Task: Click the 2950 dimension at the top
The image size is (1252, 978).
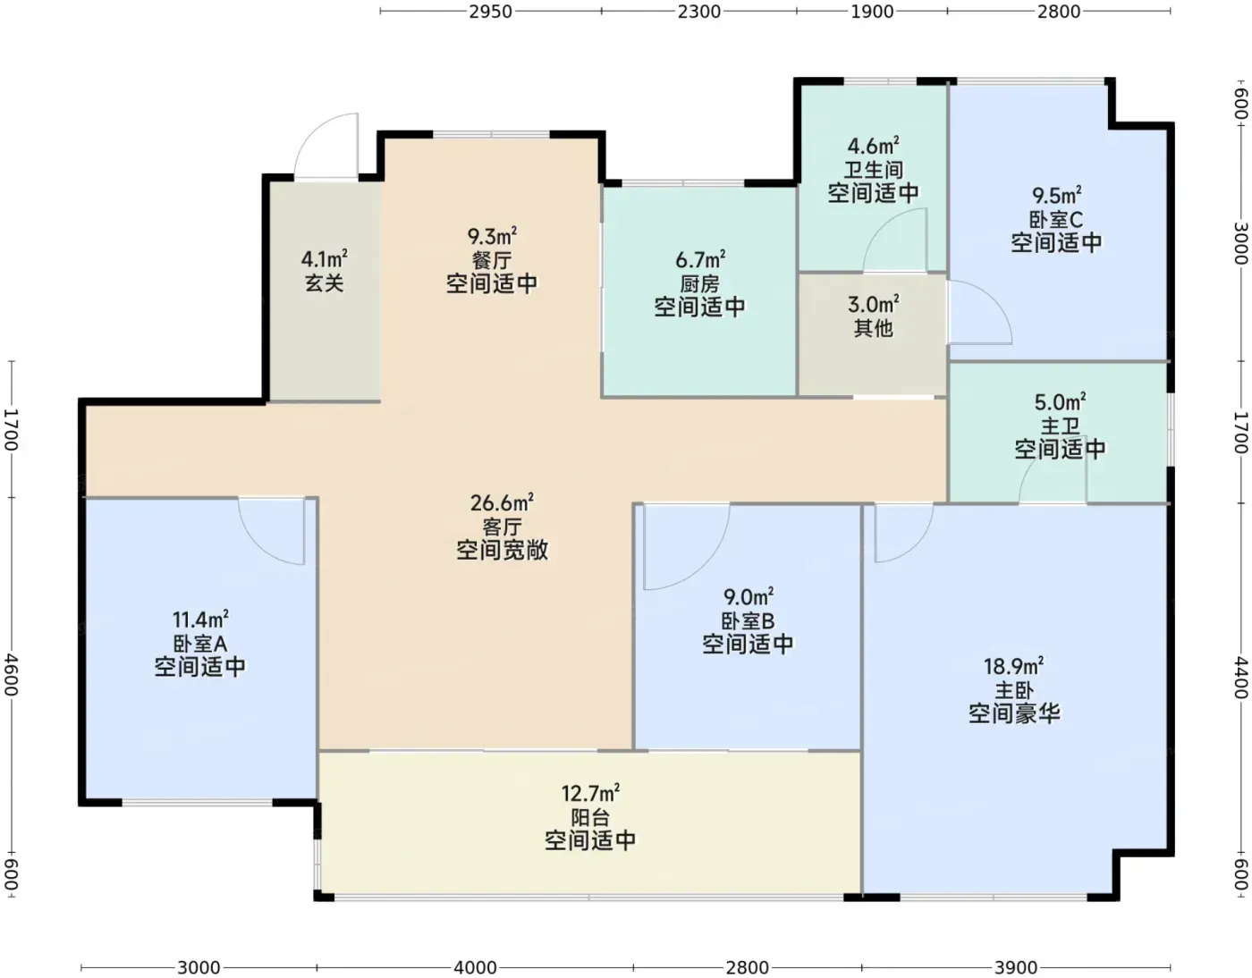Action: (490, 12)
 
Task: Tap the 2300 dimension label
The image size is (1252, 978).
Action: (699, 12)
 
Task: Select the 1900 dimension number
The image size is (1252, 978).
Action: (872, 12)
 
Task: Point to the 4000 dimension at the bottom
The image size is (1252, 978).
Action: (476, 967)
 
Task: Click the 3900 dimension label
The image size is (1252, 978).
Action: (1016, 967)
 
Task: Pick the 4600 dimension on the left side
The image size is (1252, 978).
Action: (12, 674)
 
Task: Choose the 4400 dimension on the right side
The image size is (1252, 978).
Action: (1240, 678)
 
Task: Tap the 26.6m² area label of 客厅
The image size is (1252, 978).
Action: (502, 502)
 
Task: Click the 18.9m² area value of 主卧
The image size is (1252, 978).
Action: (1013, 666)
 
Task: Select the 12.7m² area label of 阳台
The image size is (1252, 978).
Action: (590, 793)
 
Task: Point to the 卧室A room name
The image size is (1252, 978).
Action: (200, 644)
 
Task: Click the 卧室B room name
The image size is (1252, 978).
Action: (748, 621)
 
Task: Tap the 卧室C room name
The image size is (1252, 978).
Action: (1056, 219)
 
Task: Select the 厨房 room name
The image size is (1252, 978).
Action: (699, 284)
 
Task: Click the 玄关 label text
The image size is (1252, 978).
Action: (325, 282)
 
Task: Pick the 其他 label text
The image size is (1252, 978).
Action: (873, 328)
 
